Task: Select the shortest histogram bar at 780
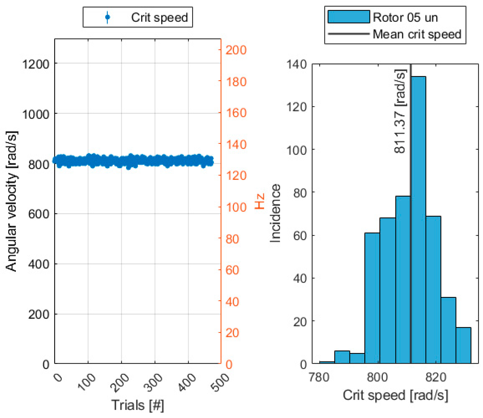pos(327,362)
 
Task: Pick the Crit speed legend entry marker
pos(108,17)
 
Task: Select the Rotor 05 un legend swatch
pos(348,17)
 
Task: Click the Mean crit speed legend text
pos(417,34)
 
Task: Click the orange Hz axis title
pos(259,201)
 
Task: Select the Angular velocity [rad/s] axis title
pos(11,201)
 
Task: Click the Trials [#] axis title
pos(137,405)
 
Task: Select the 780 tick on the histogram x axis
pos(319,377)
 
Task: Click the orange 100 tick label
pos(236,207)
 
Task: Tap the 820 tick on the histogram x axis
pos(436,377)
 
